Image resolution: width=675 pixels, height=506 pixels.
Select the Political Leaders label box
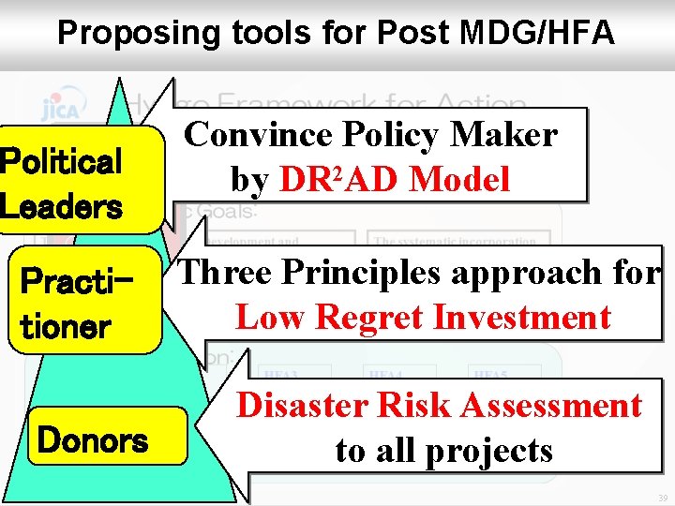[x=63, y=184]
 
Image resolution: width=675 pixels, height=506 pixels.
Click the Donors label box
[x=91, y=439]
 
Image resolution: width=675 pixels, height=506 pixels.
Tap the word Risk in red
[x=398, y=405]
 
